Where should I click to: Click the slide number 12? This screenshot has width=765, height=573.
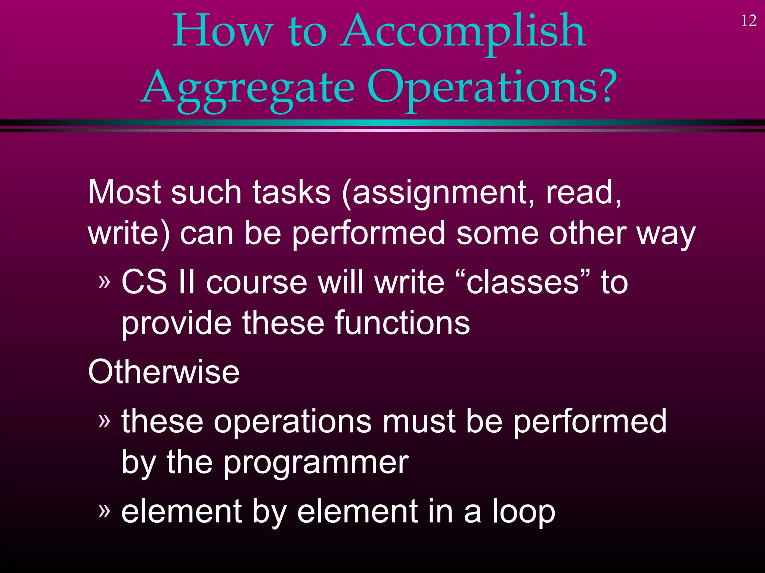pyautogui.click(x=749, y=21)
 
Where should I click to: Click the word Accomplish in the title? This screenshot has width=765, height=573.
pyautogui.click(x=464, y=32)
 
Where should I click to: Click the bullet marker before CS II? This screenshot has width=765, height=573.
pyautogui.click(x=105, y=282)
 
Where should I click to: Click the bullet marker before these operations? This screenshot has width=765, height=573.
pyautogui.click(x=105, y=421)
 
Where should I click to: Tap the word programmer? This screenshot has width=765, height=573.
pyautogui.click(x=316, y=463)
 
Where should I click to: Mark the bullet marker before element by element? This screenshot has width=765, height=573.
pyautogui.click(x=105, y=511)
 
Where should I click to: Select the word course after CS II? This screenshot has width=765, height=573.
pyautogui.click(x=257, y=282)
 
